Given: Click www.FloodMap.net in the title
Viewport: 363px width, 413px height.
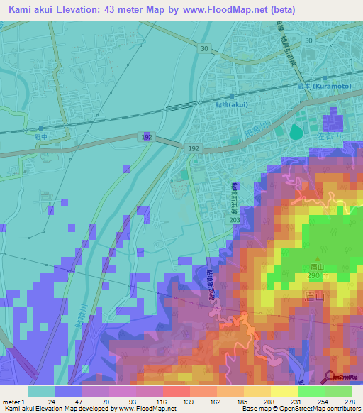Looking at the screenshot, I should tap(225, 10).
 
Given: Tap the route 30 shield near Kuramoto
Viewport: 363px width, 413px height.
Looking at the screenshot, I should tap(307, 40).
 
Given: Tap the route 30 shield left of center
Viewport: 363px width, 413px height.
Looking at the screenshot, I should tap(204, 48).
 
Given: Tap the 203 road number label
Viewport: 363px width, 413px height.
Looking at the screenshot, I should tap(235, 221).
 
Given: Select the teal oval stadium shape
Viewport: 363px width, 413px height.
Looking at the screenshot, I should tap(295, 132).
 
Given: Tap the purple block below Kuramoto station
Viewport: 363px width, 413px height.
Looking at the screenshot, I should tap(333, 120).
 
